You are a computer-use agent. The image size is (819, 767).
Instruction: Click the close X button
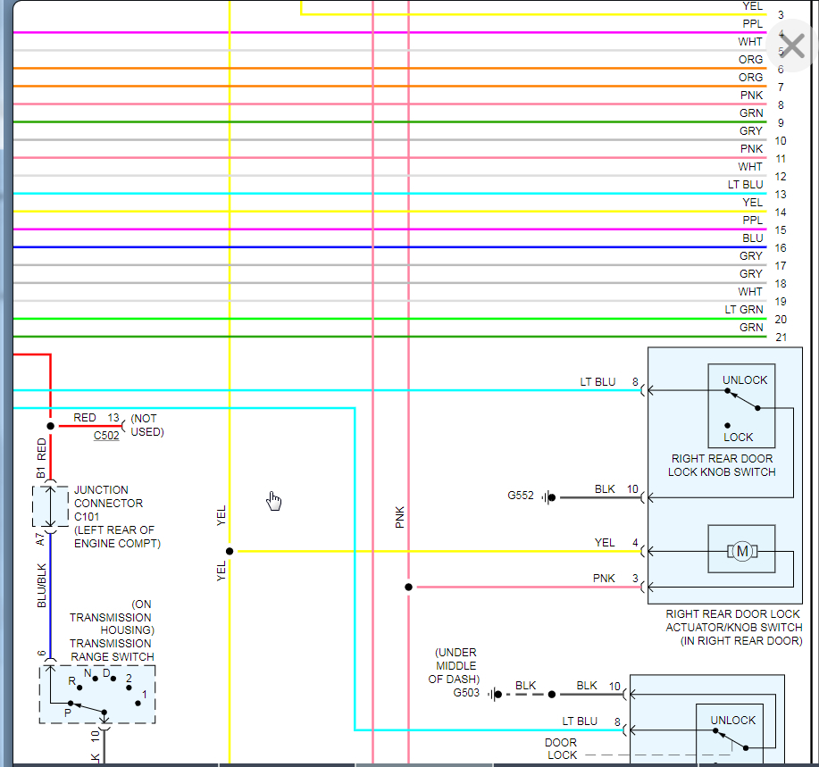point(792,46)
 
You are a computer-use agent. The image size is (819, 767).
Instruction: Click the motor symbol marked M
point(742,552)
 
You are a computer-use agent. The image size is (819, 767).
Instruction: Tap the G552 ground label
point(522,496)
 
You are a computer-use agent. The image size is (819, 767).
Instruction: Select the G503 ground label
point(466,693)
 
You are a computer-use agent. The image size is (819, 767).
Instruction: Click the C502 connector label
point(106,436)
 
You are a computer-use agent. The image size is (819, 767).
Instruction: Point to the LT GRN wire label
point(744,310)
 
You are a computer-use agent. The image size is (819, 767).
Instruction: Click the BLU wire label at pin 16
point(753,238)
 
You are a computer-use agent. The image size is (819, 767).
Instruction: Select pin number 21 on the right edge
point(781,338)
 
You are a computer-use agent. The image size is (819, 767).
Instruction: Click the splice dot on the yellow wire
point(230,552)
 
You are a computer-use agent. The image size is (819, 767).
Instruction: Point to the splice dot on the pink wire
point(408,588)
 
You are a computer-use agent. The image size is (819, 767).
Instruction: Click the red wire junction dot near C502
point(50,427)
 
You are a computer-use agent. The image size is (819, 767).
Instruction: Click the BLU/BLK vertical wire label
point(41,586)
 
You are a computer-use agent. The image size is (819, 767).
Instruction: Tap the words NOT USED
point(147,425)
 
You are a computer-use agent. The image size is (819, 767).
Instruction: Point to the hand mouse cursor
point(274,501)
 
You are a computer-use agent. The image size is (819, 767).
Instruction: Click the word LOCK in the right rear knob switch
point(739,438)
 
